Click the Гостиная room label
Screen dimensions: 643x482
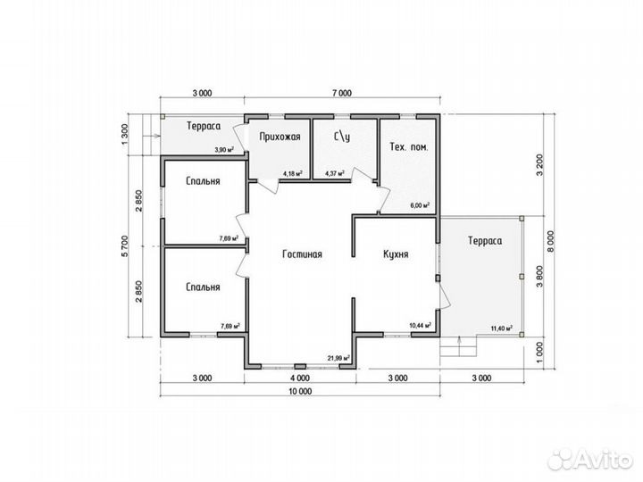pyautogui.click(x=302, y=254)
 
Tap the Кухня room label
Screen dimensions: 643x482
pyautogui.click(x=396, y=254)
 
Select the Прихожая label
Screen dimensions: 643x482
pyautogui.click(x=280, y=137)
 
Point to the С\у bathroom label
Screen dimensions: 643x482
pyautogui.click(x=342, y=137)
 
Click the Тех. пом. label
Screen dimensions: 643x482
pyautogui.click(x=408, y=146)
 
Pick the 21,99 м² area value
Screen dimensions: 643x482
pyautogui.click(x=338, y=358)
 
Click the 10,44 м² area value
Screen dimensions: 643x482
pyautogui.click(x=421, y=326)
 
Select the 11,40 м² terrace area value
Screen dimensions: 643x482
pyautogui.click(x=502, y=328)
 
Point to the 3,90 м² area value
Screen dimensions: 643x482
pyautogui.click(x=224, y=150)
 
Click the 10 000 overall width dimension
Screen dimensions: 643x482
pyautogui.click(x=300, y=392)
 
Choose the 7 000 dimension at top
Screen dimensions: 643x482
pyautogui.click(x=341, y=94)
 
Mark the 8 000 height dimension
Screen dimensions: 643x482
pyautogui.click(x=550, y=242)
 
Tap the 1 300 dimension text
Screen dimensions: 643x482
pyautogui.click(x=126, y=134)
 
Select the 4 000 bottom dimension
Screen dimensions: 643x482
pyautogui.click(x=300, y=378)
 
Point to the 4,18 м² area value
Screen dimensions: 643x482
pyautogui.click(x=293, y=173)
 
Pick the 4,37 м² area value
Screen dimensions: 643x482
pyautogui.click(x=335, y=173)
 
